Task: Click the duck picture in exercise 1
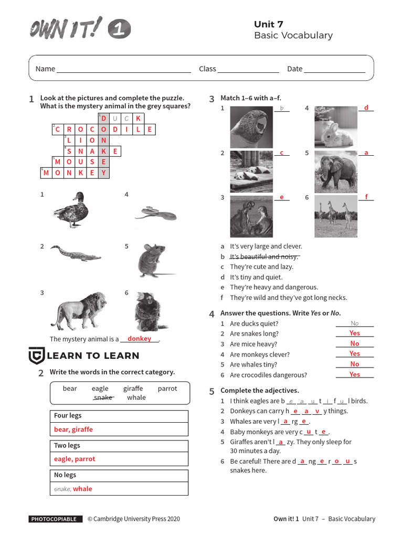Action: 70,210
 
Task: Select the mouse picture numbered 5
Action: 155,260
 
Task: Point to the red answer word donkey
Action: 139,339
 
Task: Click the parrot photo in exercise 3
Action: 251,127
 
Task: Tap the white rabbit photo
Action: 336,127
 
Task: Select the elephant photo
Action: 336,171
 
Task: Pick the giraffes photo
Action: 336,216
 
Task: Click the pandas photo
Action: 251,171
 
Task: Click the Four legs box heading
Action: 68,416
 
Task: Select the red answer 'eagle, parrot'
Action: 75,459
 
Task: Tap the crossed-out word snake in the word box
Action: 103,398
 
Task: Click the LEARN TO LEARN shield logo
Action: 36,356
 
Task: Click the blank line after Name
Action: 123,69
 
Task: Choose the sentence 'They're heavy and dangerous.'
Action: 274,287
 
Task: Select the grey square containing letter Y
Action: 104,173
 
